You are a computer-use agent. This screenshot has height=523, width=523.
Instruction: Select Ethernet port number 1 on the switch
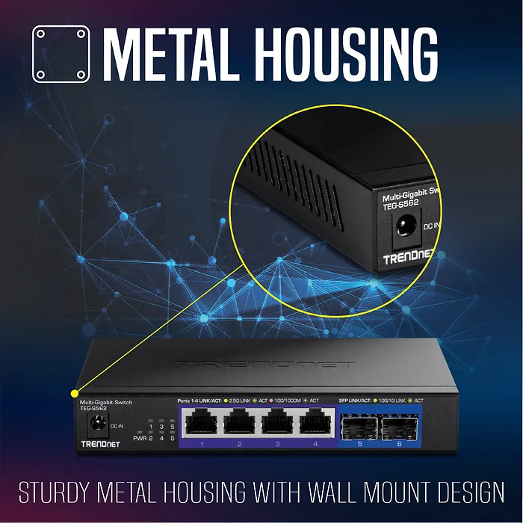[x=202, y=425]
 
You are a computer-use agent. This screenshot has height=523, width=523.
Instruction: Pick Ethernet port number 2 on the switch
[x=240, y=425]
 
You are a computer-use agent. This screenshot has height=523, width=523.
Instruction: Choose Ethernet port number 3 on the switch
[x=278, y=425]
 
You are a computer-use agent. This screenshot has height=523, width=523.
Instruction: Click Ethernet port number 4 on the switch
[x=315, y=425]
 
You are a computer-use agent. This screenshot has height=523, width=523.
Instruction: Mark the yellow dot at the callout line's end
[x=73, y=393]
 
